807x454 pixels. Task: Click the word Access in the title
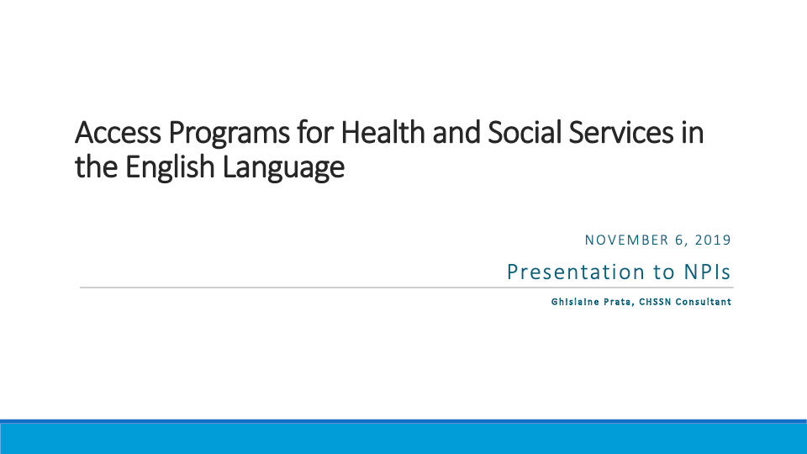coord(118,132)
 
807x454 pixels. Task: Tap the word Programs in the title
coord(229,135)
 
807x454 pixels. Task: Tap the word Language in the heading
coord(283,168)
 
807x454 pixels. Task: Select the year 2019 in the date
coord(713,240)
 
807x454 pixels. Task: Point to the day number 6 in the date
coord(679,240)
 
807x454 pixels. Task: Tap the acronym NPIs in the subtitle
coord(707,272)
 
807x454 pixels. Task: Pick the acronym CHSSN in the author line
coord(655,302)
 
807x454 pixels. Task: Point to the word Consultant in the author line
coord(704,302)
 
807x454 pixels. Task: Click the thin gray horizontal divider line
coord(407,288)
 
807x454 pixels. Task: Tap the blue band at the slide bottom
coord(403,437)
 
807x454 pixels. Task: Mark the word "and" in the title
coord(456,132)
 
